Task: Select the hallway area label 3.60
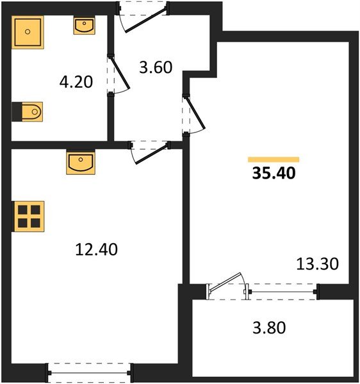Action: [156, 67]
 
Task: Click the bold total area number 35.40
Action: [274, 173]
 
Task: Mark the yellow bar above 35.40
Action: [274, 159]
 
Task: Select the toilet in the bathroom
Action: [28, 112]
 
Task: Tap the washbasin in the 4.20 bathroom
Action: [84, 26]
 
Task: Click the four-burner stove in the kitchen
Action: [29, 216]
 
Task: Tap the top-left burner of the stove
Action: [22, 209]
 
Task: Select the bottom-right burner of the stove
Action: [35, 223]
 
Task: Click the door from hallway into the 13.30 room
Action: [192, 115]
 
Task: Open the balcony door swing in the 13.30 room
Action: [227, 285]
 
